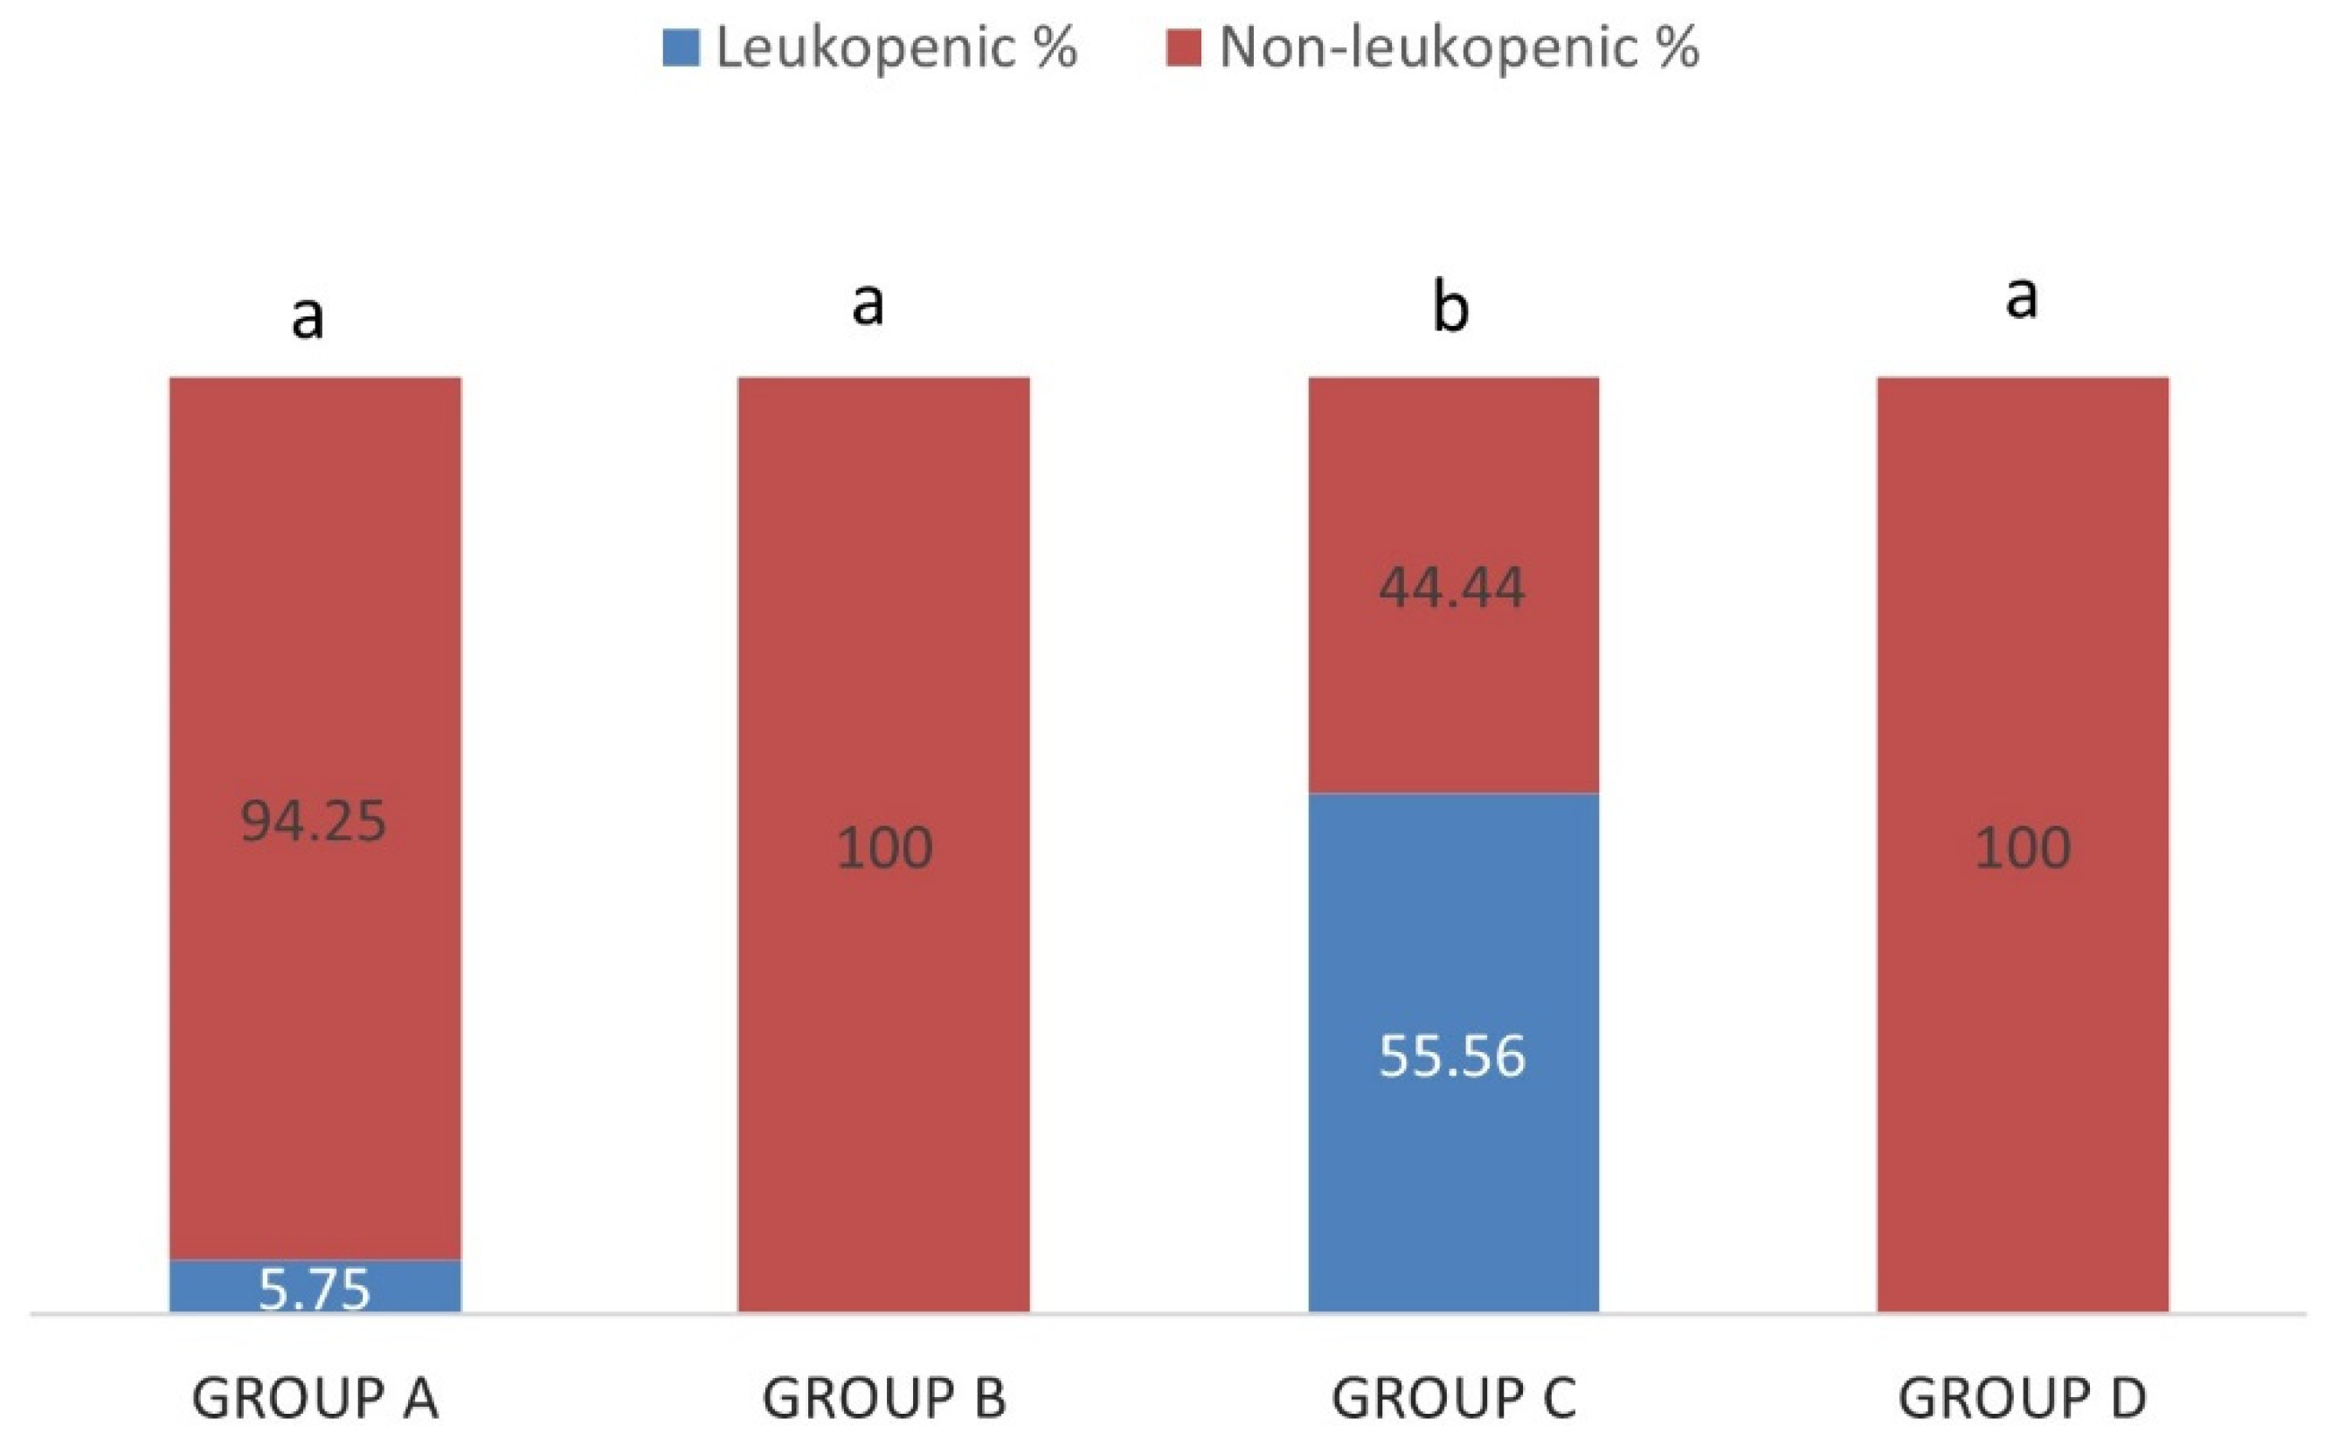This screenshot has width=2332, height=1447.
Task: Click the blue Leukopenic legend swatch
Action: coord(680,48)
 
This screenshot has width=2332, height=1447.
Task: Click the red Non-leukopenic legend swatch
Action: coord(1183,48)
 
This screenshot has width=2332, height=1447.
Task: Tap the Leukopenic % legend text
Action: coord(896,48)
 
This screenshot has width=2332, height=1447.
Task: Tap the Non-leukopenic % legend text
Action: coord(1458,48)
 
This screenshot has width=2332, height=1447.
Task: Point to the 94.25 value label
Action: coord(313,821)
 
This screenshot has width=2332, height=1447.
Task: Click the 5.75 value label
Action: coord(314,1289)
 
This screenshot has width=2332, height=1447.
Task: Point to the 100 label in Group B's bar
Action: coord(883,848)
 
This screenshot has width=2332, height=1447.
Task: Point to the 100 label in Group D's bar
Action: coord(2022,848)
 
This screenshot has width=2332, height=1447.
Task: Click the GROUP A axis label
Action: coord(315,1398)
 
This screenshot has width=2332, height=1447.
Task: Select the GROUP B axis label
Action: coord(883,1398)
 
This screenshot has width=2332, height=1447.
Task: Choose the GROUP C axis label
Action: coord(1453,1398)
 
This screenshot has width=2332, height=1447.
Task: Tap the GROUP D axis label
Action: coord(2022,1398)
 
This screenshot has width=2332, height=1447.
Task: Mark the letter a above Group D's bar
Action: coord(2021,298)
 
